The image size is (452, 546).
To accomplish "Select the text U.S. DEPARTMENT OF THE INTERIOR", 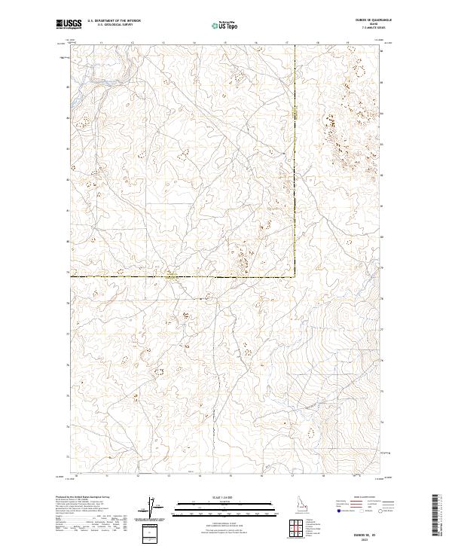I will click(x=114, y=21).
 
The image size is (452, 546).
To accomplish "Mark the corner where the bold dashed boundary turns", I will click(x=295, y=276).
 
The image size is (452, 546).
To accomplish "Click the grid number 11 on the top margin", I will click(x=101, y=44).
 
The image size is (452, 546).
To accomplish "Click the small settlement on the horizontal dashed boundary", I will click(x=172, y=275).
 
